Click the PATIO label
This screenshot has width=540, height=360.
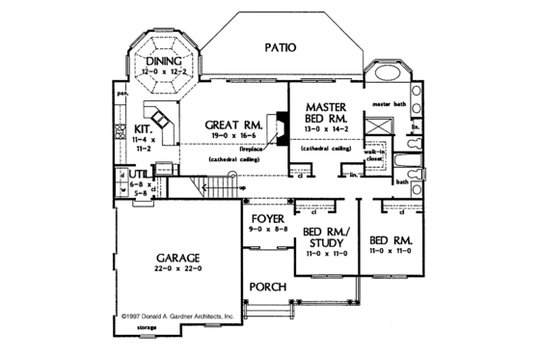[x=277, y=46]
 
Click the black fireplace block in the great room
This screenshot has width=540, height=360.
[x=281, y=126]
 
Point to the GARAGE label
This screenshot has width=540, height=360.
[x=176, y=259]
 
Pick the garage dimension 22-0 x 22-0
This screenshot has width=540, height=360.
[x=176, y=271]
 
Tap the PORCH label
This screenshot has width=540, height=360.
[x=265, y=288]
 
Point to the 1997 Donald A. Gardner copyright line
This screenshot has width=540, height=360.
[x=177, y=315]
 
